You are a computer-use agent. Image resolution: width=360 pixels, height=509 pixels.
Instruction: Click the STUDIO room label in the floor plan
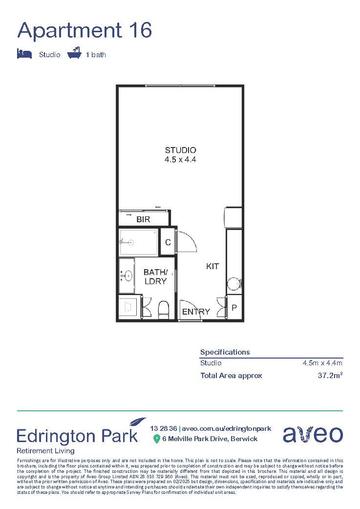[180, 150]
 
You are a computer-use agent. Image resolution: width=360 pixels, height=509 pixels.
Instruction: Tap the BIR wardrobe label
[143, 220]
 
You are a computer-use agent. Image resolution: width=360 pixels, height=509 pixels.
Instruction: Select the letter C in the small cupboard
[168, 242]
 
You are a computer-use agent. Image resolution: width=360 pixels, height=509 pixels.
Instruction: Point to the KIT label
[212, 267]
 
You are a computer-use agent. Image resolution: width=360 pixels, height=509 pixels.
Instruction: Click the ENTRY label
[196, 312]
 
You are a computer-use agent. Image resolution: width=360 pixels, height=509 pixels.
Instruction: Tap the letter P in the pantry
[234, 308]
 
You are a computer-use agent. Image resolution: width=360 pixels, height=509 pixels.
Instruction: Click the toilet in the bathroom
[164, 309]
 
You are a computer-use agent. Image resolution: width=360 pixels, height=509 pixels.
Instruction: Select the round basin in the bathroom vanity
[129, 276]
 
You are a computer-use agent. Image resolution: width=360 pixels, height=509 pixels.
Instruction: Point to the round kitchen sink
[234, 283]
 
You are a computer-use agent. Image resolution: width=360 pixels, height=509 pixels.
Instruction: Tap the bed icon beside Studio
[24, 54]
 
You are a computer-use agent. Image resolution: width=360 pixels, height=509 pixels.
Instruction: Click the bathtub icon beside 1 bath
[74, 53]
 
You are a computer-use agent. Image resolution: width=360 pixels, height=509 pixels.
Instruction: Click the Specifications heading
[225, 352]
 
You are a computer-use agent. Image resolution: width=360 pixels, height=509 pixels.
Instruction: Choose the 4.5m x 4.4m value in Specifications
[322, 363]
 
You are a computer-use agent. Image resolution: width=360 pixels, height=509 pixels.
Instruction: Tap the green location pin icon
[156, 439]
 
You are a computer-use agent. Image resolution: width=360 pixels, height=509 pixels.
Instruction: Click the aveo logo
[313, 434]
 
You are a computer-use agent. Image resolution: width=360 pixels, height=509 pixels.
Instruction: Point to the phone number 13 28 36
[164, 428]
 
